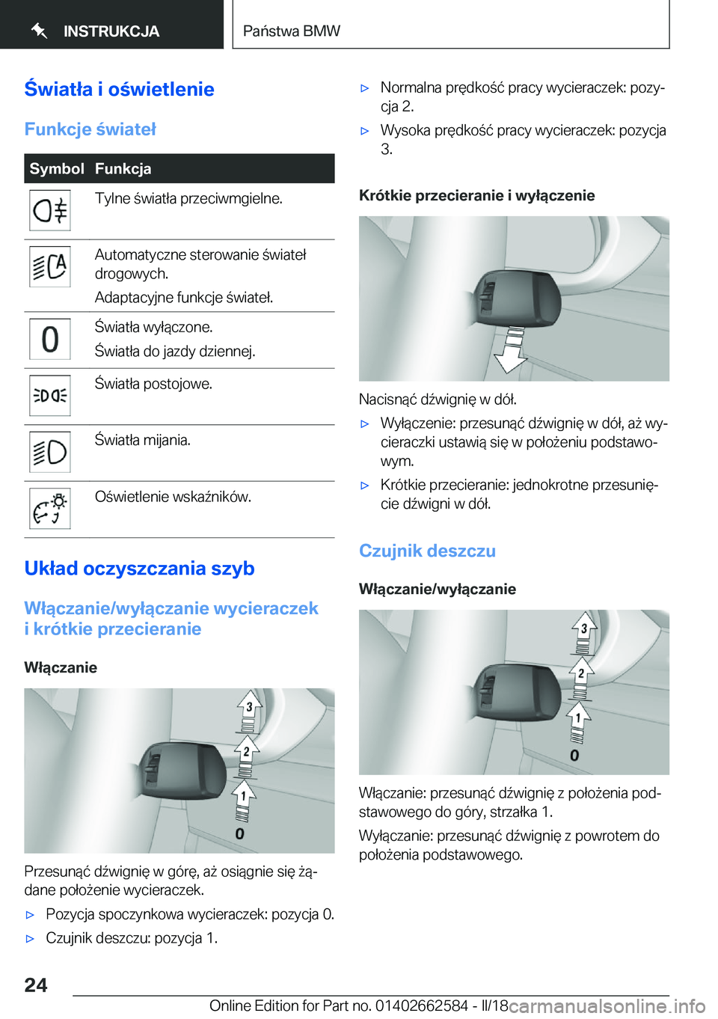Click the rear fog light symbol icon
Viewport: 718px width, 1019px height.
coord(50,210)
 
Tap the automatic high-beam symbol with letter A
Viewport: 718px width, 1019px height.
coord(50,267)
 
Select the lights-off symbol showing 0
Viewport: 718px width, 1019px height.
coord(50,339)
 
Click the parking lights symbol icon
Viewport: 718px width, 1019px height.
coord(50,395)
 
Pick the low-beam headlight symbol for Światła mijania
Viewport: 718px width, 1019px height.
coord(50,452)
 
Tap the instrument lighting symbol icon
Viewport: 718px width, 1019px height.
coord(50,509)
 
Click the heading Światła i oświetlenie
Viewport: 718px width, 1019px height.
coord(119,89)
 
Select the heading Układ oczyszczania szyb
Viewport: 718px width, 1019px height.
coord(139,569)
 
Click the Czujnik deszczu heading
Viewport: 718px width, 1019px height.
coord(427,551)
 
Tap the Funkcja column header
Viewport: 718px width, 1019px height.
coord(123,168)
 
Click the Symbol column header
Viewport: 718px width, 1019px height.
coord(57,168)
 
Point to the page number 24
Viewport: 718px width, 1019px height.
coord(36,985)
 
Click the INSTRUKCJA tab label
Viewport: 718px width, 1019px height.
coord(111,31)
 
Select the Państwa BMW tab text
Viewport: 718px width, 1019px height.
coord(292,31)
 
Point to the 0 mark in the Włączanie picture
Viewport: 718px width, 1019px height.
coord(239,833)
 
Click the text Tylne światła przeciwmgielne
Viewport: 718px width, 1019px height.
coord(188,198)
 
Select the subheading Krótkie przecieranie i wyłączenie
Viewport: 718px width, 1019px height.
coord(476,195)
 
